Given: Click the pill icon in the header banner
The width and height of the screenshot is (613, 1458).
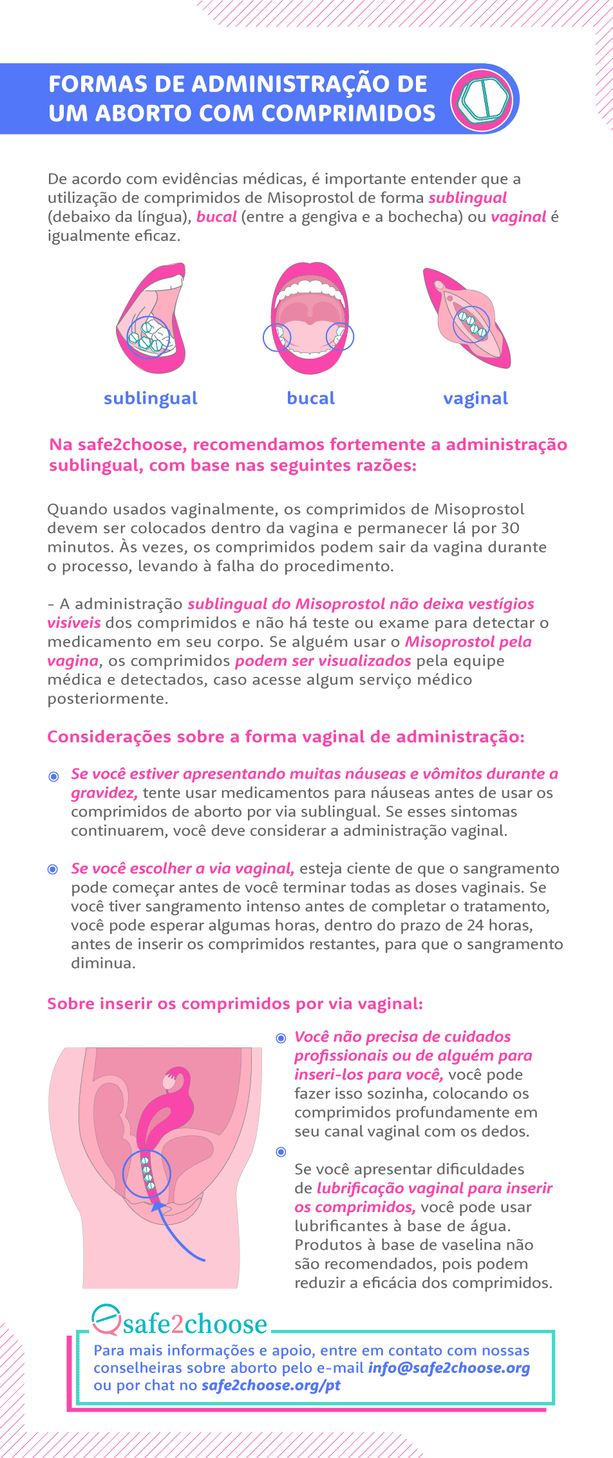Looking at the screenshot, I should (484, 99).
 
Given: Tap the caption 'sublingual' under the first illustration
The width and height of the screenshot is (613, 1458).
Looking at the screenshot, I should (150, 398).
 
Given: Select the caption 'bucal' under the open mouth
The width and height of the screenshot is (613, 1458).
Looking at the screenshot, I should (310, 398).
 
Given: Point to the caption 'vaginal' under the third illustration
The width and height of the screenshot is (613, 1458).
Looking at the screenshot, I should (475, 398).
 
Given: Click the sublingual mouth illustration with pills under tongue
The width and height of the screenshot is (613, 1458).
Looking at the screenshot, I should (151, 319).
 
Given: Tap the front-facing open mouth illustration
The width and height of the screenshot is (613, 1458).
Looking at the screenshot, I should (310, 319).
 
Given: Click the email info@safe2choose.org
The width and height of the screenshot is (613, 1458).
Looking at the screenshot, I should (449, 1368).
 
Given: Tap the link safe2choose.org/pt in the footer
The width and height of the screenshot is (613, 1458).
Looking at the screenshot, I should (270, 1385).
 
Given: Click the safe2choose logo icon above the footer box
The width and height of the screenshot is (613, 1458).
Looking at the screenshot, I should (106, 1320).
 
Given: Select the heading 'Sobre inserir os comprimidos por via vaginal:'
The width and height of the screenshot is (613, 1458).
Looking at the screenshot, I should (235, 1004).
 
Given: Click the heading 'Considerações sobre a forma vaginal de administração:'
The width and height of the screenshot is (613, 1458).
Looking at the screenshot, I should (286, 737).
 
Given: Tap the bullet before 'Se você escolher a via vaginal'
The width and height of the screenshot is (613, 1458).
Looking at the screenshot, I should (53, 869).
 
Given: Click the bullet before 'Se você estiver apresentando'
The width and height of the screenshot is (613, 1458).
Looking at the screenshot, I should (53, 776).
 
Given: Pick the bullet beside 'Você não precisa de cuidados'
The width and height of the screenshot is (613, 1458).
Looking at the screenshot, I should (281, 1038).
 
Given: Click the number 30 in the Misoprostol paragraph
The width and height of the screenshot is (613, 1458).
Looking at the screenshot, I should (510, 528).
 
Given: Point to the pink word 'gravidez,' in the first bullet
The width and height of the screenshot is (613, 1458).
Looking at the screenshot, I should (104, 793).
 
